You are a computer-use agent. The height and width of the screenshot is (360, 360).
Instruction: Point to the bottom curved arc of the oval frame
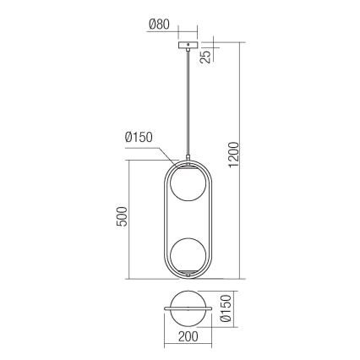coord(186,280)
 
